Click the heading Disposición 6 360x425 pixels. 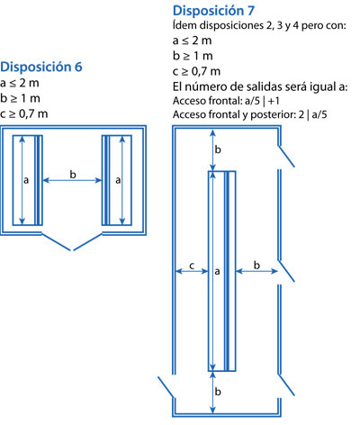point(41,67)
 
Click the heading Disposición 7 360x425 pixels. point(213,11)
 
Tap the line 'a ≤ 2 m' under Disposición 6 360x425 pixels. point(20,83)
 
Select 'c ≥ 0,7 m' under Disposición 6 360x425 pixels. point(24,113)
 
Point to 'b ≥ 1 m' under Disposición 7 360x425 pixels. point(193,56)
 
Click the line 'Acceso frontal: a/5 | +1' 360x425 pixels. point(226,101)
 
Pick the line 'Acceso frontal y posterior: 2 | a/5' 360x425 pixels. point(250,114)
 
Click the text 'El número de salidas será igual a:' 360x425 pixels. point(260,87)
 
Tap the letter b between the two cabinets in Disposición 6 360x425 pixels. point(73,174)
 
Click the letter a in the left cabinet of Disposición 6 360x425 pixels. point(26,180)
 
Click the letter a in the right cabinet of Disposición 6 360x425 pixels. point(118,180)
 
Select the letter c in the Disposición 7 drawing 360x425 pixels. point(192,266)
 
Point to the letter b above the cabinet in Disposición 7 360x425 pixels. point(218,149)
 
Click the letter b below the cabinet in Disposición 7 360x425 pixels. point(218,392)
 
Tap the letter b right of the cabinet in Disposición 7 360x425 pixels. point(256,265)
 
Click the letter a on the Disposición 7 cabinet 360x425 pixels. point(217,272)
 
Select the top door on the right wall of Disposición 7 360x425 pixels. point(286,156)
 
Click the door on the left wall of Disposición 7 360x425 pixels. point(166,387)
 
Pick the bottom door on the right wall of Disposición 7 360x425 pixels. point(286,385)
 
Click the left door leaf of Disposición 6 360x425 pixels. point(56,241)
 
